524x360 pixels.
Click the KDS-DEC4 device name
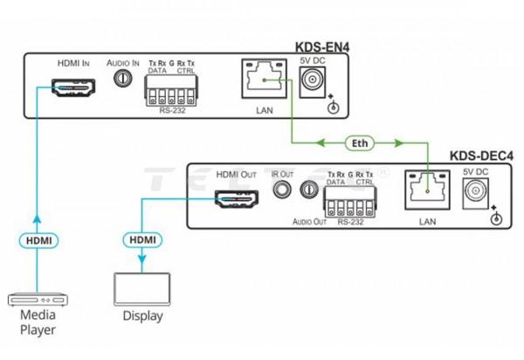click(481, 157)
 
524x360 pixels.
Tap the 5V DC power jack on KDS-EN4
click(312, 81)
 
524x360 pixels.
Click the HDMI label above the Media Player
click(37, 238)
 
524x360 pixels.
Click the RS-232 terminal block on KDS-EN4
click(170, 88)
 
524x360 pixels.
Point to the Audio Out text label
click(308, 222)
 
